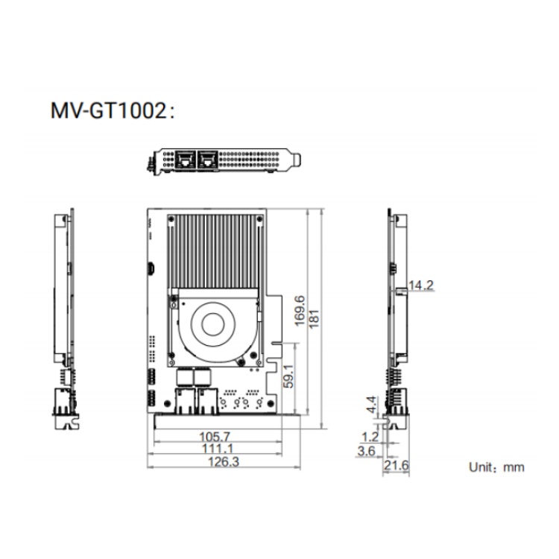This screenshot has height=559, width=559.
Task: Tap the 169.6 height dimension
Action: click(300, 310)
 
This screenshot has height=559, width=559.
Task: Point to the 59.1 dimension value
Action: click(288, 376)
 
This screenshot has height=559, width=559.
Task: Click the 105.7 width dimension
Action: click(215, 437)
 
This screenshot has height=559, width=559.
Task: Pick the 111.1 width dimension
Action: click(217, 449)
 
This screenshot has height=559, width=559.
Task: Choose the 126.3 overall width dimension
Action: click(224, 461)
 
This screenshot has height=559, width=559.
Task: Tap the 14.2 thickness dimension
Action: click(421, 285)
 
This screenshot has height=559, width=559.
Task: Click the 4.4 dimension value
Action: click(371, 405)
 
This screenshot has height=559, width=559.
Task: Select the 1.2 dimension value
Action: click(370, 437)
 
